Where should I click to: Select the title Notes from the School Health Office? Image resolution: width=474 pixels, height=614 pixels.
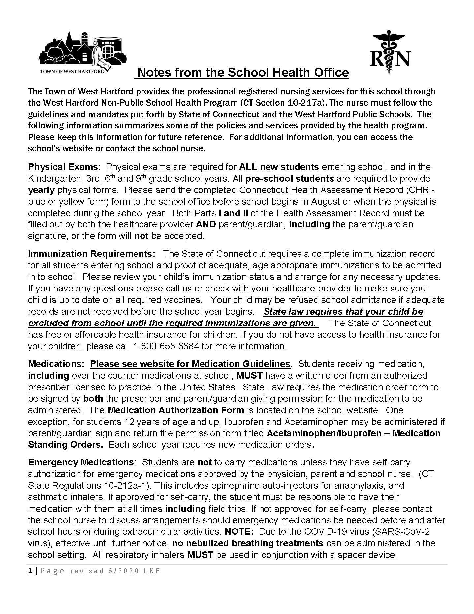point(243,72)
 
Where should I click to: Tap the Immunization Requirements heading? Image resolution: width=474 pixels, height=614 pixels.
point(91,254)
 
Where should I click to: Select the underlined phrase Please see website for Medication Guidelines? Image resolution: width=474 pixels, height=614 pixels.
point(190,364)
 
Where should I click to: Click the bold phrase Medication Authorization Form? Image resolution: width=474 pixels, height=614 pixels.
point(176,410)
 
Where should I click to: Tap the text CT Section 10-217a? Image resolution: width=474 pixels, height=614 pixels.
point(282,103)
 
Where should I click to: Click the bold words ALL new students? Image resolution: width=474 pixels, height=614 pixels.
point(279,167)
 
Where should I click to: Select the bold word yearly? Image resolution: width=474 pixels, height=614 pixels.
point(42,190)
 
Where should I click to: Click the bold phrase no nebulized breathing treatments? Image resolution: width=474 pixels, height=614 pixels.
point(248,543)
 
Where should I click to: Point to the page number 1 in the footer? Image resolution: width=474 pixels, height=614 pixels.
point(30,571)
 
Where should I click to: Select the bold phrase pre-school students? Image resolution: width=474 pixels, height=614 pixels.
point(290,178)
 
